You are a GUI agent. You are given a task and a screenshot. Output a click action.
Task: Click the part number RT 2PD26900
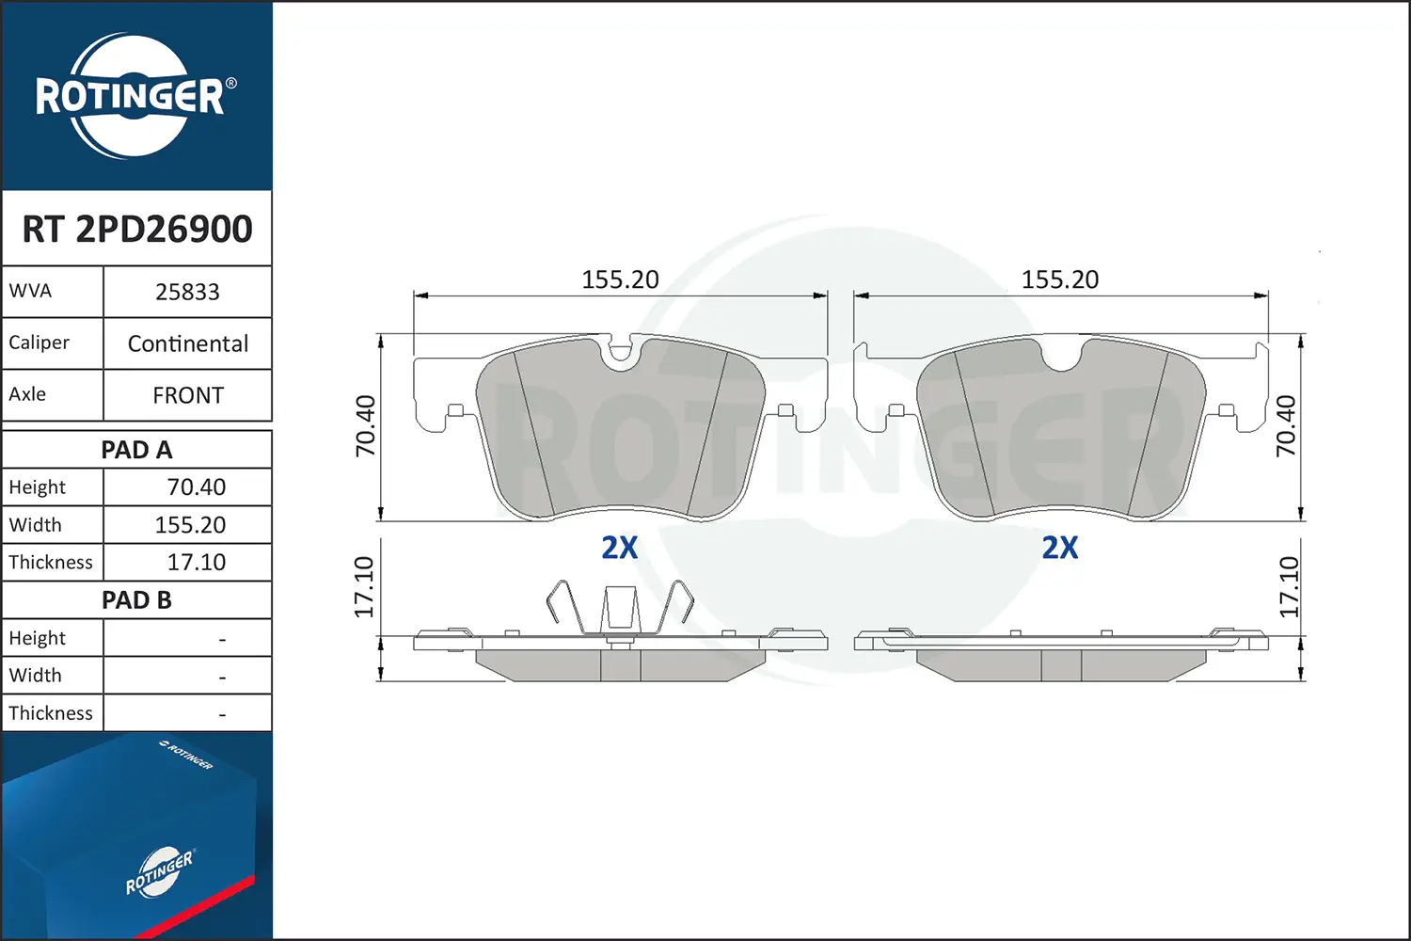pos(137,229)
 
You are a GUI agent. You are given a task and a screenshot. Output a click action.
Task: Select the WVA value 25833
pos(187,292)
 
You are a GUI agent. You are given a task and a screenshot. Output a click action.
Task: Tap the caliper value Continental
pos(188,343)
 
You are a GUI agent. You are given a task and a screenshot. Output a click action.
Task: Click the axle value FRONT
pos(188,395)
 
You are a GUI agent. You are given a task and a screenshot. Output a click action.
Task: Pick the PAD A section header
pos(136,450)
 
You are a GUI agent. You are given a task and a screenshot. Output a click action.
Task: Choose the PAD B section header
pos(136,600)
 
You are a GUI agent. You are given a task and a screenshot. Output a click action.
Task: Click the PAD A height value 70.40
pos(196,486)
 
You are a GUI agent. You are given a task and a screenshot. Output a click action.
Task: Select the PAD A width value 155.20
pos(190,524)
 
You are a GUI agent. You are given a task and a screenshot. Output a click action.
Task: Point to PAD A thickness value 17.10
pos(196,562)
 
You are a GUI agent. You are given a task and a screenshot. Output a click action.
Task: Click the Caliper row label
pos(39,343)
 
